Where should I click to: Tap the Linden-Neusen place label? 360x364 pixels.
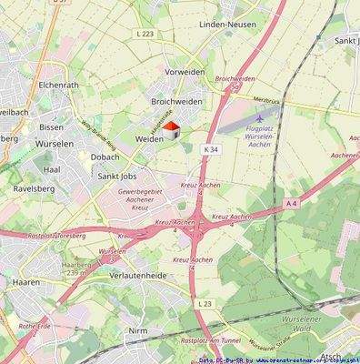click(227, 25)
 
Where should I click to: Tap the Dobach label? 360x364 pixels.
click(105, 157)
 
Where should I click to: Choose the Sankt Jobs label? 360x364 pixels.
click(117, 175)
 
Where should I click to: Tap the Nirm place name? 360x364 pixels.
click(138, 330)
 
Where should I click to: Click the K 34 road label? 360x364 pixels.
click(211, 149)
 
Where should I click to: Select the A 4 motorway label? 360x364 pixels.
click(291, 204)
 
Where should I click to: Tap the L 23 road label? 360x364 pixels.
click(205, 303)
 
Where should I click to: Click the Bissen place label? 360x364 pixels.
click(52, 127)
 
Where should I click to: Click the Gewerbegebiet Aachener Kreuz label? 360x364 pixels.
click(141, 199)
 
